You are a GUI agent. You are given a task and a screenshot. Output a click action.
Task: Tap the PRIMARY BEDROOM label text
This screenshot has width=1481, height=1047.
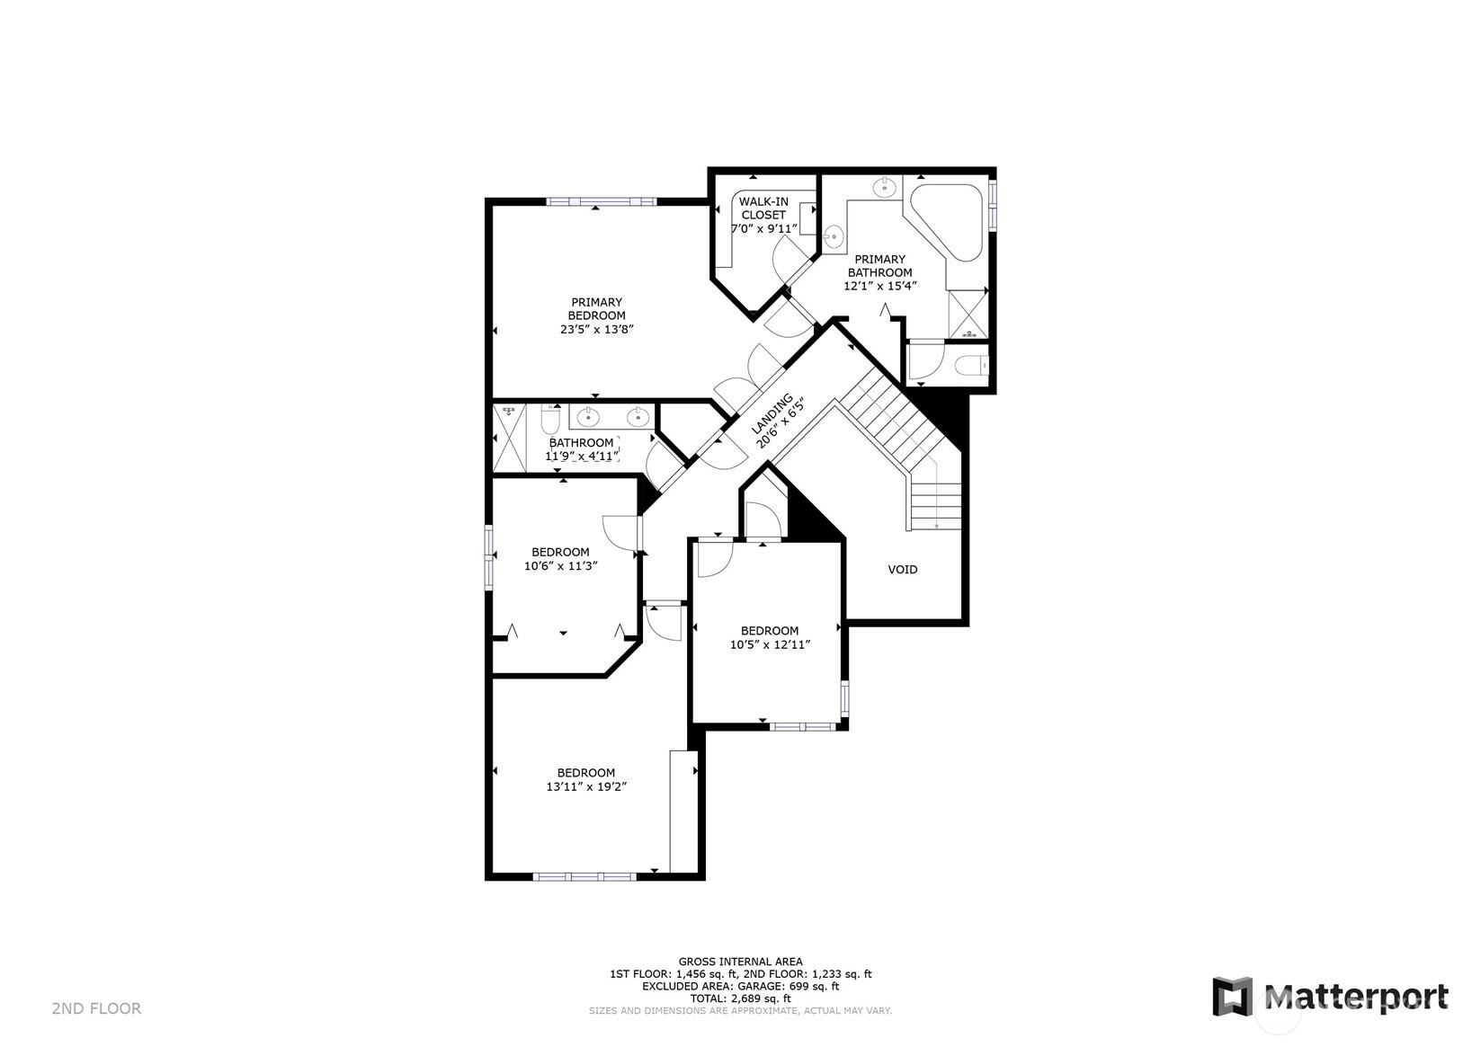pos(596,308)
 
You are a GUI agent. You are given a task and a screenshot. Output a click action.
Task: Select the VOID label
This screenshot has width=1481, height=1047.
pos(903,570)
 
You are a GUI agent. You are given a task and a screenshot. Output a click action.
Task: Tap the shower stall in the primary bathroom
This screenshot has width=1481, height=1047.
pos(968,315)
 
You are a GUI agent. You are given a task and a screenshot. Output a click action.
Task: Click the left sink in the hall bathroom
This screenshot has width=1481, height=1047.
pos(588,417)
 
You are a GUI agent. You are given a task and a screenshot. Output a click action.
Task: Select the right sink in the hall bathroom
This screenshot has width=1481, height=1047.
pos(638,417)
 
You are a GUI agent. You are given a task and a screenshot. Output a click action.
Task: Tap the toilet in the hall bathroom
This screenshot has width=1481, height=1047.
pos(550,418)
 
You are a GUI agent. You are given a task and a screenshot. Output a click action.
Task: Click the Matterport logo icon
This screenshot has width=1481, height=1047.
pos(1233,996)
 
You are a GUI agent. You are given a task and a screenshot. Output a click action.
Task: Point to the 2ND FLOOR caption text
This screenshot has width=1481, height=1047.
pos(96,1008)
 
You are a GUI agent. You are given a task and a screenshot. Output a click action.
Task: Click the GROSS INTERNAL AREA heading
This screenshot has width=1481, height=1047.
pos(741,962)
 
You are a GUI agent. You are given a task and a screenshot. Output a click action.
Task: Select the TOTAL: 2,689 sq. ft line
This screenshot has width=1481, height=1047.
pos(741,998)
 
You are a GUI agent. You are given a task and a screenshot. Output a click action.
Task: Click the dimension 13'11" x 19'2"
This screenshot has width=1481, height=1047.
pos(586,786)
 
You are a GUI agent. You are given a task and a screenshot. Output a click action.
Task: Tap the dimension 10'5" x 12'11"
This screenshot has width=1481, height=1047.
pos(770,644)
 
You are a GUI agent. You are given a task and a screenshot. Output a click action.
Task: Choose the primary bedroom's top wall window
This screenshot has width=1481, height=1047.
pos(602,201)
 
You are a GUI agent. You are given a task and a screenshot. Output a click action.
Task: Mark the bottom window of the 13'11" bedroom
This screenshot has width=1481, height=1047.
pos(584,876)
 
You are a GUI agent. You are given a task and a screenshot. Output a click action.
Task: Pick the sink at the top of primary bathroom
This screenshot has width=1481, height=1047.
pos(884,188)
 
